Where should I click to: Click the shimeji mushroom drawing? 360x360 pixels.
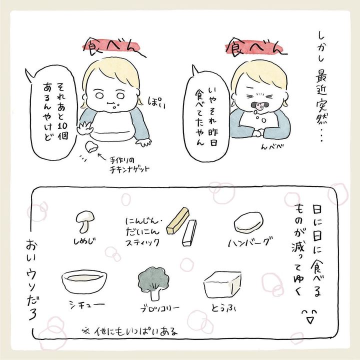point(84,221)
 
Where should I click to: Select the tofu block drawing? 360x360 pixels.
point(222,284)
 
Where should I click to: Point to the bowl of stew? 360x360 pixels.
point(84,281)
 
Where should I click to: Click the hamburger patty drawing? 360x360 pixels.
point(248,222)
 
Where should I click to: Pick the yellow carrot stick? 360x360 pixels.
point(177,220)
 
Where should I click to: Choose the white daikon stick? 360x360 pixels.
point(189,233)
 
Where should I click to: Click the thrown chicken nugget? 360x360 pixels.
point(91,147)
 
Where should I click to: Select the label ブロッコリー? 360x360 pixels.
point(160,308)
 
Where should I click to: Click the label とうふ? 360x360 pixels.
point(224,307)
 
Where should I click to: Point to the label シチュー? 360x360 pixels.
point(87,304)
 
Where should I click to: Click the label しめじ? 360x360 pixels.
point(84,241)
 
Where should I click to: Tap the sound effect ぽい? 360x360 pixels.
point(157,102)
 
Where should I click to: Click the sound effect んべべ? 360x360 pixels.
point(272,146)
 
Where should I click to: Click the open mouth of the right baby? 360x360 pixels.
point(260,106)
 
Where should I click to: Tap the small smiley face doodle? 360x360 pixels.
point(309,316)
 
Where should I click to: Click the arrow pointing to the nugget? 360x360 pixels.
point(102,157)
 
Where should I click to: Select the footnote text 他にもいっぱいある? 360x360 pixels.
point(136,331)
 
